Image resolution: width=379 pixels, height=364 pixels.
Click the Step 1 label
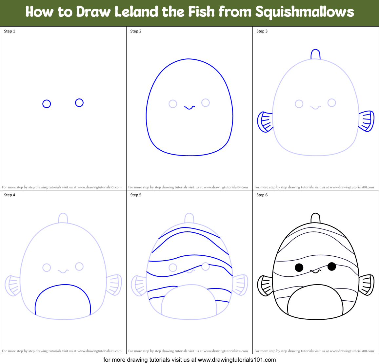(10, 31)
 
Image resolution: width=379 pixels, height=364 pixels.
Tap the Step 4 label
(10, 195)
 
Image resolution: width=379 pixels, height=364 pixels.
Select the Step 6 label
(262, 195)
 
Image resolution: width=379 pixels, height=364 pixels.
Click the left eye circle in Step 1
(47, 104)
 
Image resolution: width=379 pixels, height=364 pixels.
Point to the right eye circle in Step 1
(79, 103)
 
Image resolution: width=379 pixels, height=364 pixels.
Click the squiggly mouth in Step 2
(189, 107)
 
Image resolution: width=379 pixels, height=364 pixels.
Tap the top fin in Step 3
(315, 54)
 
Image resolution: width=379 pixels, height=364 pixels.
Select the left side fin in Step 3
(265, 122)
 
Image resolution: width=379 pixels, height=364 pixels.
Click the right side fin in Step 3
(367, 121)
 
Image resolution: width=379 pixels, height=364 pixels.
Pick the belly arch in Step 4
(63, 286)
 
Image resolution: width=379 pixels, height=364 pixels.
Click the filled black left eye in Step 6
(299, 268)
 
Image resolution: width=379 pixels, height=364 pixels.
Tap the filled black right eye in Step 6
(331, 266)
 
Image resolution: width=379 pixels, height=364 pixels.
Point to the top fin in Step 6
(315, 218)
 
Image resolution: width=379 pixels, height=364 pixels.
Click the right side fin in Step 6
(367, 285)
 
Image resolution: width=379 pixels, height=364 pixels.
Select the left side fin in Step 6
(265, 286)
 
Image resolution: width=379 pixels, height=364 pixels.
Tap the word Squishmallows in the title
(305, 12)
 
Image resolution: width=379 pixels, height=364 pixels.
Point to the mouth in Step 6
(315, 271)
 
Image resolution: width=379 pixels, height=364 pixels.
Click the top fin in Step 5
(189, 218)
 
